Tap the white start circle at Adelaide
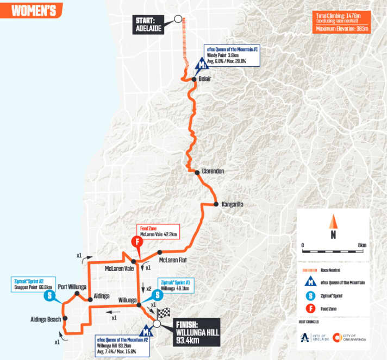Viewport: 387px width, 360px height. (178, 18)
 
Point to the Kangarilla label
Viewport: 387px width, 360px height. (232, 205)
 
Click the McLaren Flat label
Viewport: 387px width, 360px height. (173, 260)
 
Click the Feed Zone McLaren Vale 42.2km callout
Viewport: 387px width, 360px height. (158, 231)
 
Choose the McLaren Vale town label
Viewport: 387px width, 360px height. (120, 268)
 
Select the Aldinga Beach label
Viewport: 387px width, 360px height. (46, 319)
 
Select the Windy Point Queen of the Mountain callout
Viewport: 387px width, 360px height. (234, 54)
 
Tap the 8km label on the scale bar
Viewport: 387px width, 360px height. (362, 245)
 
